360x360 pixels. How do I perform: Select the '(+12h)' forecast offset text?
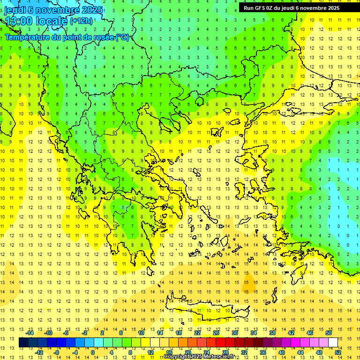coord(81,21)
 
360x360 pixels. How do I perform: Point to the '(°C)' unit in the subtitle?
coord(122,37)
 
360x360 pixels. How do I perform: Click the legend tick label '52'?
coord(338,352)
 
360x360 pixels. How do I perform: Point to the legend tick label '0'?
coord(92,352)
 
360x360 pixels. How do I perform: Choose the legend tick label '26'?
coord(216,333)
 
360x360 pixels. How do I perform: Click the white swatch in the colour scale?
coord(333,343)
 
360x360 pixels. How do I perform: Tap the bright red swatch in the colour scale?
coord(221,343)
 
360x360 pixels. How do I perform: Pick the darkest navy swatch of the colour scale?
coord(23,343)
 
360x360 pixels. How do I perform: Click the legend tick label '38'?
coord(271,333)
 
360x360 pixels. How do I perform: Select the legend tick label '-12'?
coord(39,352)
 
